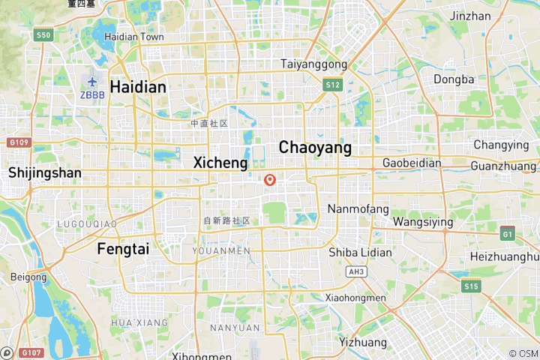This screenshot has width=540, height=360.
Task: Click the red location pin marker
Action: (x=270, y=180)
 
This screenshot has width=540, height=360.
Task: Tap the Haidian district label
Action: (x=138, y=87)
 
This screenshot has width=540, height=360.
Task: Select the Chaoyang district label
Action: (x=315, y=148)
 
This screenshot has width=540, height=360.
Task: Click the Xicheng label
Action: (x=220, y=163)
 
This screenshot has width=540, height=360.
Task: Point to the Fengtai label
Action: (x=123, y=249)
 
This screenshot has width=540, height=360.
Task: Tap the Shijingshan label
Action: (x=45, y=172)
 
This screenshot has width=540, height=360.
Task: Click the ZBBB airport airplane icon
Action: (x=91, y=82)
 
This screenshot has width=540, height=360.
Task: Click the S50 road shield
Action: (x=43, y=34)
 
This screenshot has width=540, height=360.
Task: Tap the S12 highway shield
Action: (x=334, y=85)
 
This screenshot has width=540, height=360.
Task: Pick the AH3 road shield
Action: (x=355, y=272)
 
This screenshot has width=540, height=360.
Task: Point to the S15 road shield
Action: (x=471, y=286)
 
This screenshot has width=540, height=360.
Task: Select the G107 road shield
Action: (x=31, y=352)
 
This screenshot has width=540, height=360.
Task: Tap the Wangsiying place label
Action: (x=423, y=222)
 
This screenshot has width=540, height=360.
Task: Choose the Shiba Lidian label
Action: (x=360, y=253)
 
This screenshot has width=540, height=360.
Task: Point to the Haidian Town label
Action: (x=134, y=36)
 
